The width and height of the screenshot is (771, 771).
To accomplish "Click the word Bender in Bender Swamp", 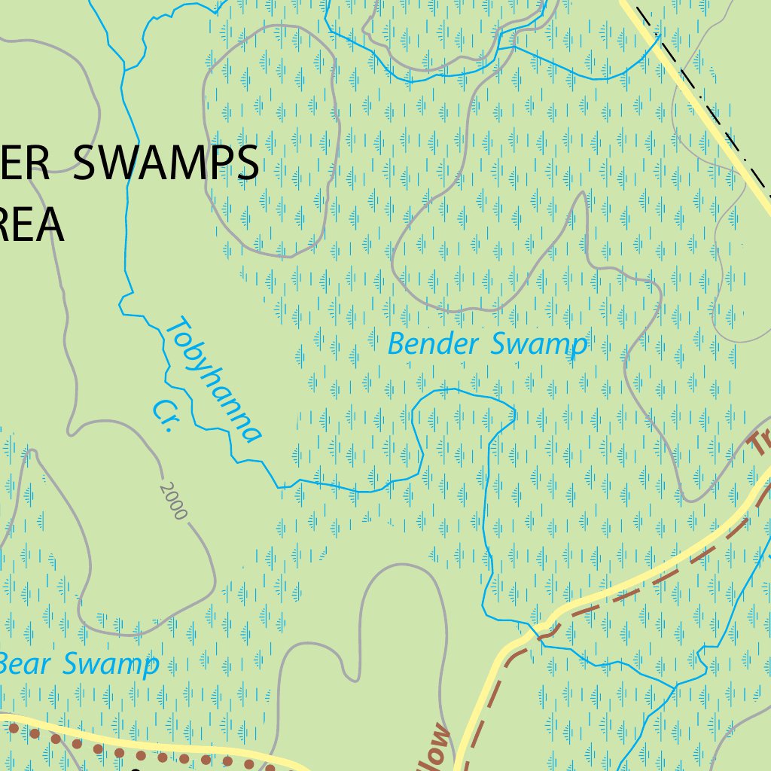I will (x=433, y=345).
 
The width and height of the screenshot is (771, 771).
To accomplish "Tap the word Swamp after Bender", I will (x=538, y=345).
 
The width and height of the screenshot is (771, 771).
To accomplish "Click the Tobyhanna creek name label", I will (x=214, y=380).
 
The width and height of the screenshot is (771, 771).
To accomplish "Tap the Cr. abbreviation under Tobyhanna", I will (x=163, y=416).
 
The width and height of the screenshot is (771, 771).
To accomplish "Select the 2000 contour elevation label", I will (x=172, y=501).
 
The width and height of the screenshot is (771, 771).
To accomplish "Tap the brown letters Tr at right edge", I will (x=760, y=444).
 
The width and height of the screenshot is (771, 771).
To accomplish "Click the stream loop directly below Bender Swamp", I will (x=459, y=395).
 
